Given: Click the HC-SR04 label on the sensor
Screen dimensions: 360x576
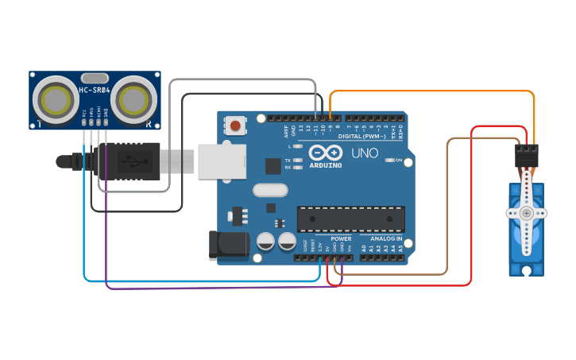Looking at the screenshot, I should click(95, 90).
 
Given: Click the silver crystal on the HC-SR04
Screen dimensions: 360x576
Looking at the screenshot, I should click(95, 78).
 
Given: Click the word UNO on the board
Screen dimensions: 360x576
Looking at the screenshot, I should click(365, 153).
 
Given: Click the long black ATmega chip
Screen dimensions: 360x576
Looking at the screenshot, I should click(350, 219).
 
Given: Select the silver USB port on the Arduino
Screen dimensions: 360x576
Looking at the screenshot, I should click(221, 161).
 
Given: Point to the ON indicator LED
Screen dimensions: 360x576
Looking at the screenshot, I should click(390, 161).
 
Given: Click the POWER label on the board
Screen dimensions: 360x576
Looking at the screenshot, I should click(341, 238).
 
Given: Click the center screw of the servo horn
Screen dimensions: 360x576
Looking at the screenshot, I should click(526, 213).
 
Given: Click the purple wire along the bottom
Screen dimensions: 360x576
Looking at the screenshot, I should click(222, 287).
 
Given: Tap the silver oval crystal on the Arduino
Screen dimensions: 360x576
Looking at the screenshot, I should click(270, 191).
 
